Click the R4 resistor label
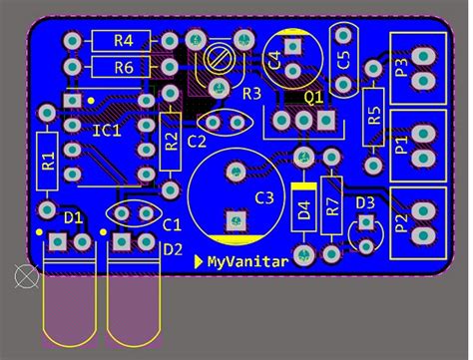click(124, 41)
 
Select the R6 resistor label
click(124, 68)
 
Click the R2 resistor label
click(171, 143)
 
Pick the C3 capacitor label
click(263, 197)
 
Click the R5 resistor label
click(374, 115)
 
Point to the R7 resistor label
click(332, 206)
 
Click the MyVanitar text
click(248, 262)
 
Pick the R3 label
click(250, 93)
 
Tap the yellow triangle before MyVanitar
click(198, 262)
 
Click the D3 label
click(365, 202)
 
